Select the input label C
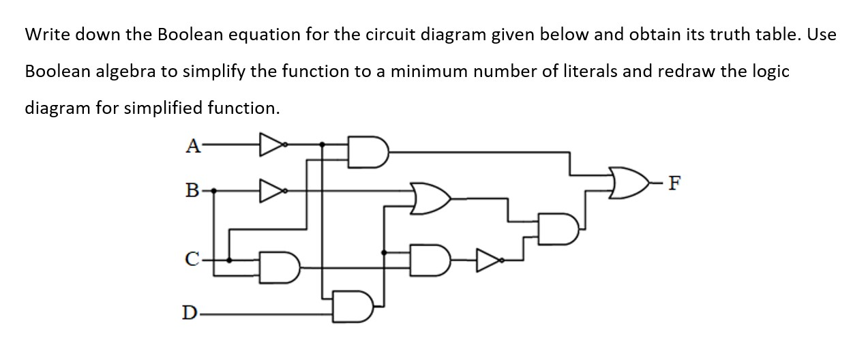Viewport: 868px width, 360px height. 192,260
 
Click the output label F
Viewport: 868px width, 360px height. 674,183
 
